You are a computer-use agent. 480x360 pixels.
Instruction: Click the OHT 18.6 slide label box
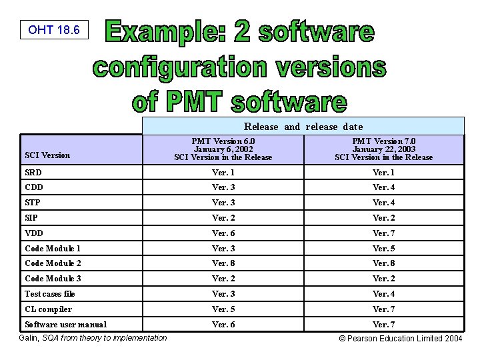pyautogui.click(x=54, y=30)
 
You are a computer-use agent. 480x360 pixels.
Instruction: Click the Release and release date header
pyautogui.click(x=303, y=127)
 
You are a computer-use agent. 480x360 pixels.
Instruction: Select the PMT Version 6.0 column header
pyautogui.click(x=223, y=149)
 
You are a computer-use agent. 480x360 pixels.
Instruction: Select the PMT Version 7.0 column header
pyautogui.click(x=383, y=149)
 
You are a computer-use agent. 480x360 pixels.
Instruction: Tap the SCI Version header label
pyautogui.click(x=47, y=155)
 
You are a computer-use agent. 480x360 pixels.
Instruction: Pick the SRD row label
pyautogui.click(x=33, y=173)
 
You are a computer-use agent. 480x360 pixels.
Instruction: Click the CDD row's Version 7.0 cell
pyautogui.click(x=383, y=187)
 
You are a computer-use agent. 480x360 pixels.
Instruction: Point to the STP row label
pyautogui.click(x=33, y=203)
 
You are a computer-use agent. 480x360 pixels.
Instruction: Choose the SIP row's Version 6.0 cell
pyautogui.click(x=223, y=218)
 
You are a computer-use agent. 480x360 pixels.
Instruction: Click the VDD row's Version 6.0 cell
pyautogui.click(x=223, y=233)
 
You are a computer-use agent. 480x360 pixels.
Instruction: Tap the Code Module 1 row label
pyautogui.click(x=53, y=249)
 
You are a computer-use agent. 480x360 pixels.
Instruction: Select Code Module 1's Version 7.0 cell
pyautogui.click(x=383, y=249)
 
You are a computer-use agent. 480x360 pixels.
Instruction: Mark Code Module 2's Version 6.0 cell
pyautogui.click(x=223, y=263)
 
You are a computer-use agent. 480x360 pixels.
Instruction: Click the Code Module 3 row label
pyautogui.click(x=53, y=279)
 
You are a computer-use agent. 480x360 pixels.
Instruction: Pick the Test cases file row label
pyautogui.click(x=50, y=294)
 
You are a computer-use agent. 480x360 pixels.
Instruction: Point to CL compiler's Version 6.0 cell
pyautogui.click(x=223, y=309)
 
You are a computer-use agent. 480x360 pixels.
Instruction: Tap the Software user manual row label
pyautogui.click(x=65, y=325)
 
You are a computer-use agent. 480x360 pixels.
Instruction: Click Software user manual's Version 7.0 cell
pyautogui.click(x=383, y=325)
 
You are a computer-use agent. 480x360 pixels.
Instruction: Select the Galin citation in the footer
pyautogui.click(x=95, y=338)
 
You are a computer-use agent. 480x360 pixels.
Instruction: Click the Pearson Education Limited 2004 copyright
pyautogui.click(x=401, y=339)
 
